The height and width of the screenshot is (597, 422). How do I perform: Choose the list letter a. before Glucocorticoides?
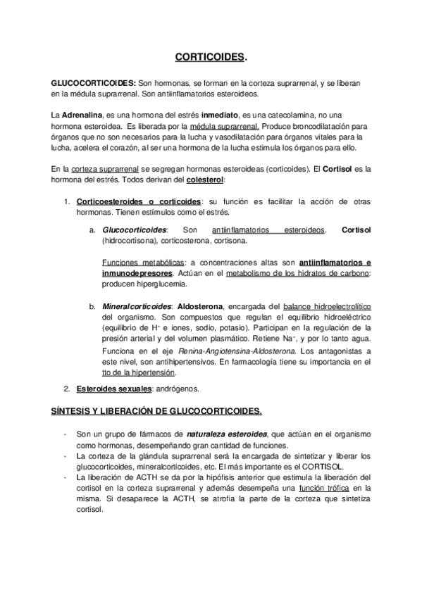coord(92,230)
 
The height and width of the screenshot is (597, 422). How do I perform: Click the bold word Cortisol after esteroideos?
coord(356,230)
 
